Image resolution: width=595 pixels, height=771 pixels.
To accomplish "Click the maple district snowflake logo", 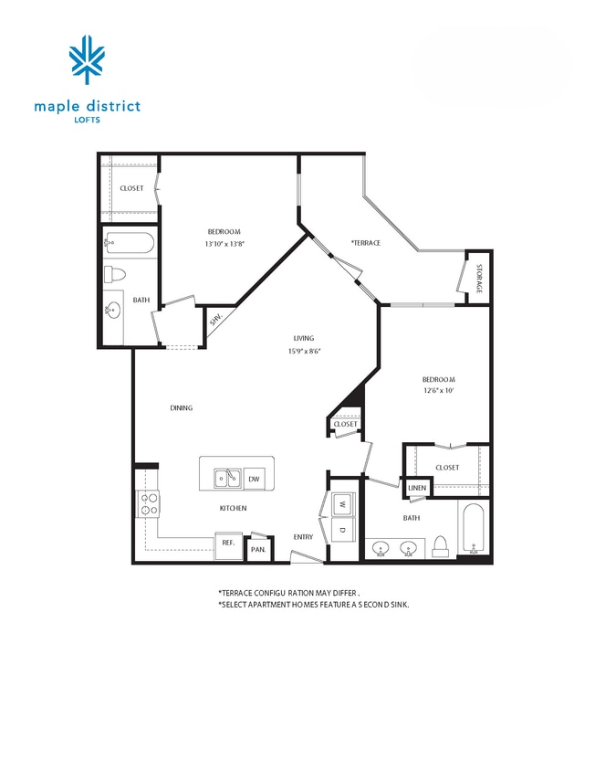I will tap(87, 60).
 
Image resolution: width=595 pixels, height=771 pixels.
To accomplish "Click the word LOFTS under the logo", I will tap(87, 119).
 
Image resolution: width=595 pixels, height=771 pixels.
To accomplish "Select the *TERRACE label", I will tap(366, 242).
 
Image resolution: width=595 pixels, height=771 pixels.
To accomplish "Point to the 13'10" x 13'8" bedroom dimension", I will tap(224, 244).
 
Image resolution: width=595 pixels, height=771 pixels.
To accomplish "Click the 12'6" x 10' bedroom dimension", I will tap(438, 391).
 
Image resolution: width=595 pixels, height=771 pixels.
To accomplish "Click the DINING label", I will tap(181, 408).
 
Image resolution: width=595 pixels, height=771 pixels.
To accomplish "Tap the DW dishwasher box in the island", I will tap(255, 478).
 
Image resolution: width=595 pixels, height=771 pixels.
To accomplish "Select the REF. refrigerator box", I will tap(228, 542).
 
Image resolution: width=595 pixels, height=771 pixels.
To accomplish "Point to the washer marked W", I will tap(342, 503).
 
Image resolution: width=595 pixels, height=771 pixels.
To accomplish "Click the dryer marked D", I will tap(342, 530).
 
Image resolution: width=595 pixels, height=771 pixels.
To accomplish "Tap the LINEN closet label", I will tap(416, 488).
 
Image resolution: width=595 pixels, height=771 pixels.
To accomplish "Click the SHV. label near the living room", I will tap(216, 320).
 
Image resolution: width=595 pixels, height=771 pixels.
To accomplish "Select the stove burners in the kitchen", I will tap(148, 502).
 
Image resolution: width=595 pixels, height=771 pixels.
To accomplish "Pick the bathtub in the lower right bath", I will tap(474, 530).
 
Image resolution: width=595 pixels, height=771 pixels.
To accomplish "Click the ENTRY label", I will tap(303, 537).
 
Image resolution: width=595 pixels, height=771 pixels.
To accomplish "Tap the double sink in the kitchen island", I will tap(227, 478).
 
